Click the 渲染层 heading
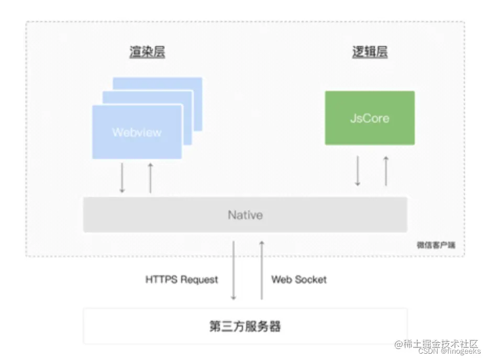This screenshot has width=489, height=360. [147, 52]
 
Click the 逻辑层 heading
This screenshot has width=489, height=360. [370, 52]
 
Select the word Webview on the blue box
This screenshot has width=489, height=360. [137, 132]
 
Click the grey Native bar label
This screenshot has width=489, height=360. [245, 215]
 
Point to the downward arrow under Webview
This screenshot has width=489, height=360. [122, 178]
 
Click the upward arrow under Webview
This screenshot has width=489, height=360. [150, 178]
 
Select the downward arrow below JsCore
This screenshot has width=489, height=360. [358, 171]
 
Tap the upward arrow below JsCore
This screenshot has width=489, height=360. [386, 171]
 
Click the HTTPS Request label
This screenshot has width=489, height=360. [181, 279]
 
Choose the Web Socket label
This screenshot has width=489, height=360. [298, 279]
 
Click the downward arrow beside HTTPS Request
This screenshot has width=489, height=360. [234, 270]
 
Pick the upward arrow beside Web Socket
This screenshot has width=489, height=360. [262, 270]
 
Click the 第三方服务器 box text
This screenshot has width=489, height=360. [245, 327]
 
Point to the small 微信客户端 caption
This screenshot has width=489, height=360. [432, 245]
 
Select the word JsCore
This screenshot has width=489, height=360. [370, 118]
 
